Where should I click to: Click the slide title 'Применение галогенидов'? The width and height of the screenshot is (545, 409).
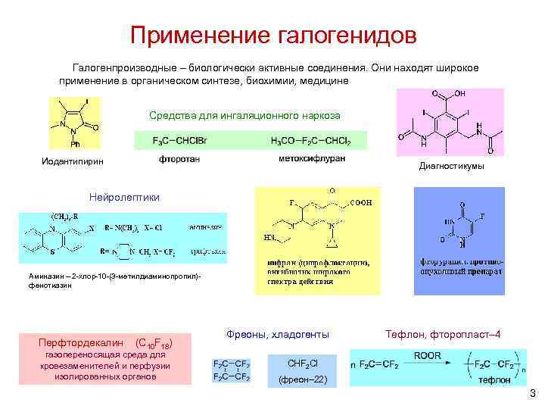click(272, 35)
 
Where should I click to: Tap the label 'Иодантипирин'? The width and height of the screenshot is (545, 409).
click(72, 161)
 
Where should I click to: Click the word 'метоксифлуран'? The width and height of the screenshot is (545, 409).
click(311, 159)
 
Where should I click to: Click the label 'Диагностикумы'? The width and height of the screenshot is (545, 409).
click(450, 167)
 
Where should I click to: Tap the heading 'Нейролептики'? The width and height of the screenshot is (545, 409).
click(125, 197)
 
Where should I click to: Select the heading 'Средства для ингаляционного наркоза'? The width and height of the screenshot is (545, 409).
click(244, 116)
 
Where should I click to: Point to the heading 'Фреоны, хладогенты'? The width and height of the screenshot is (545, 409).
click(278, 334)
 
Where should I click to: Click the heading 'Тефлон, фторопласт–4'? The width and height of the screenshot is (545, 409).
click(443, 334)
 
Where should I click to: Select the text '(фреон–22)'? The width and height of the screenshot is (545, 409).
click(303, 379)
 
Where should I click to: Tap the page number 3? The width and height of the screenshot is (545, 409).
click(532, 393)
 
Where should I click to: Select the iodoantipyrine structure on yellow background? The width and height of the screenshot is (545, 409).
click(74, 124)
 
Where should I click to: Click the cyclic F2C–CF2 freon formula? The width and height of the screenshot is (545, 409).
click(232, 370)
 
